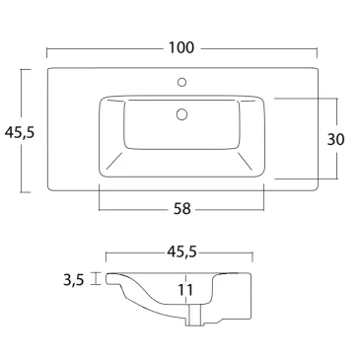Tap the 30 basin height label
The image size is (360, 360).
click(335, 139)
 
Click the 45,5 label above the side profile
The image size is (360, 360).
click(180, 252)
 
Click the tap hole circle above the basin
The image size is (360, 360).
click(181, 83)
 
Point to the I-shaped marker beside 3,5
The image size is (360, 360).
click(96, 279)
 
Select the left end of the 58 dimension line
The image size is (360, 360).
click(100, 209)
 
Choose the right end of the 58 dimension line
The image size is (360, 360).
click(263, 209)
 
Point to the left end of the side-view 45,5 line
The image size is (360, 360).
click(107, 252)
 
